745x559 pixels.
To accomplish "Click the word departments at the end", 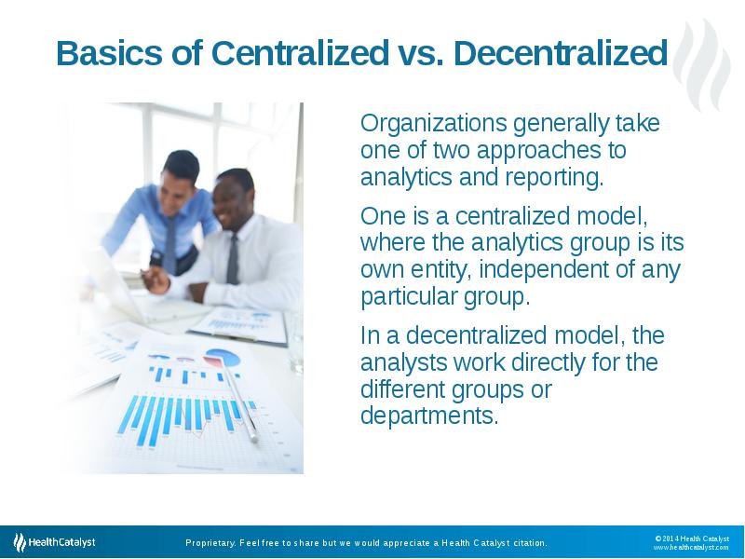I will pyautogui.click(x=428, y=416).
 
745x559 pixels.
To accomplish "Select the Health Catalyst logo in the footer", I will pyautogui.click(x=54, y=541).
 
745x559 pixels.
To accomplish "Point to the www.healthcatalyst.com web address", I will pyautogui.click(x=691, y=548).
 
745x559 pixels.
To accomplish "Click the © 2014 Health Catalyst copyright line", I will pyautogui.click(x=692, y=539).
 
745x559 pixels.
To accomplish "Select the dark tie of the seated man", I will pyautogui.click(x=232, y=257).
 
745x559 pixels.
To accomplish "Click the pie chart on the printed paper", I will pyautogui.click(x=222, y=357).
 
